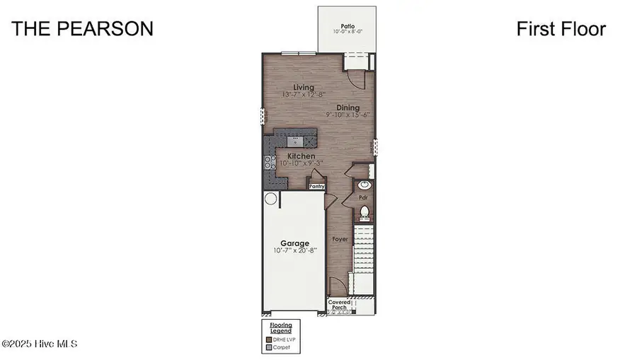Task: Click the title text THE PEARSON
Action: pyautogui.click(x=82, y=28)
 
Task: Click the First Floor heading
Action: pyautogui.click(x=561, y=28)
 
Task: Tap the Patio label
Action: pyautogui.click(x=347, y=26)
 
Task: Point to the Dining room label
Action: pyautogui.click(x=348, y=108)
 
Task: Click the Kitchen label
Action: pyautogui.click(x=301, y=156)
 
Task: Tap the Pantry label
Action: pyautogui.click(x=316, y=187)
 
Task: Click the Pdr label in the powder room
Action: pyautogui.click(x=362, y=198)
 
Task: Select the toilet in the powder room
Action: pyautogui.click(x=365, y=211)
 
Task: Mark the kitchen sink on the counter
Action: pyautogui.click(x=297, y=140)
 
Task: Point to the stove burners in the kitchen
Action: pyautogui.click(x=269, y=163)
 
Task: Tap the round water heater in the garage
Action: pyautogui.click(x=270, y=200)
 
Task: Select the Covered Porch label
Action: pyautogui.click(x=340, y=305)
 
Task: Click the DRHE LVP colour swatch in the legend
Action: pyautogui.click(x=268, y=340)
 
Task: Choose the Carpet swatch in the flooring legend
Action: pyautogui.click(x=268, y=347)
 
